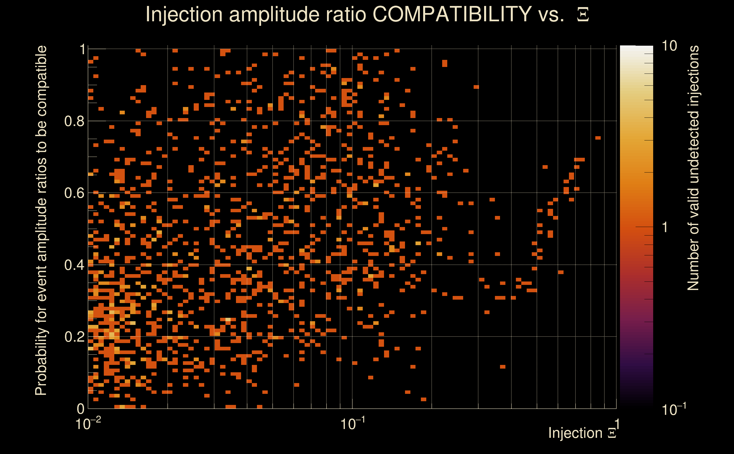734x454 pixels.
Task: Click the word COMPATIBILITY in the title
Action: (452, 14)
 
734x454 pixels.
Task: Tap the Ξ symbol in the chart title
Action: (583, 15)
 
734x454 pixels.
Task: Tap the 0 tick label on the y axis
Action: (81, 409)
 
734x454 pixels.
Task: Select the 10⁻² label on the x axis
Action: (88, 424)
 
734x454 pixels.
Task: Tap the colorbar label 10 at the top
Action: (669, 46)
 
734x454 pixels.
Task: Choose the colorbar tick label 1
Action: (665, 227)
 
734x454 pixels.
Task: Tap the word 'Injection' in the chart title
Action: (184, 14)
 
